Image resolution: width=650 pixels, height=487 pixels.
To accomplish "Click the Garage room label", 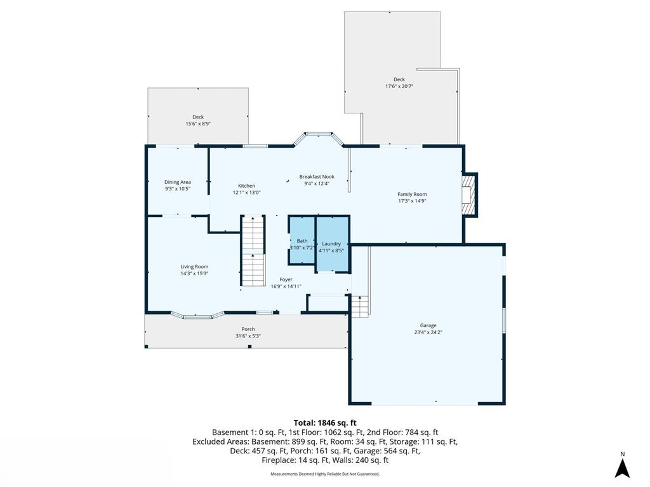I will [428, 325].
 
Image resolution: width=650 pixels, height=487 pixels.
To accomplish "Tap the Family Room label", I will [412, 194].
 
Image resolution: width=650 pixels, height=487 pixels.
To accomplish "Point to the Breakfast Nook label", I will [317, 177].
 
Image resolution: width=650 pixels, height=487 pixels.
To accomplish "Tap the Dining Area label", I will [178, 182].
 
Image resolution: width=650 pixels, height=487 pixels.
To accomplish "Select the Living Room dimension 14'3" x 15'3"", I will [194, 274].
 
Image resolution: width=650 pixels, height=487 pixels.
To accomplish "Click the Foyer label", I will [286, 279].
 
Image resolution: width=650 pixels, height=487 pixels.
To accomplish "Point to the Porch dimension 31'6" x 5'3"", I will [248, 336].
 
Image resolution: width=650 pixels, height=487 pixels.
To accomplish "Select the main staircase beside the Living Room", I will [253, 251].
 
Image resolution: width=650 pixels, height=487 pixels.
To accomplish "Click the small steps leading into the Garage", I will [360, 306].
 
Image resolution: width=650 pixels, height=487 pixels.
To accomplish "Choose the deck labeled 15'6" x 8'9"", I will [198, 117].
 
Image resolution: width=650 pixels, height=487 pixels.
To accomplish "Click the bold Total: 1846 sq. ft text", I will [325, 422].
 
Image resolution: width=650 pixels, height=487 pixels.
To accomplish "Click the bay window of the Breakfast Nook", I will [317, 136].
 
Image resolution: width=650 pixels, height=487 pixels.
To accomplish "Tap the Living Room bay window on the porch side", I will [198, 315].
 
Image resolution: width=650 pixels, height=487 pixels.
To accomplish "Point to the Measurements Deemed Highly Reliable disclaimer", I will [325, 474].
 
